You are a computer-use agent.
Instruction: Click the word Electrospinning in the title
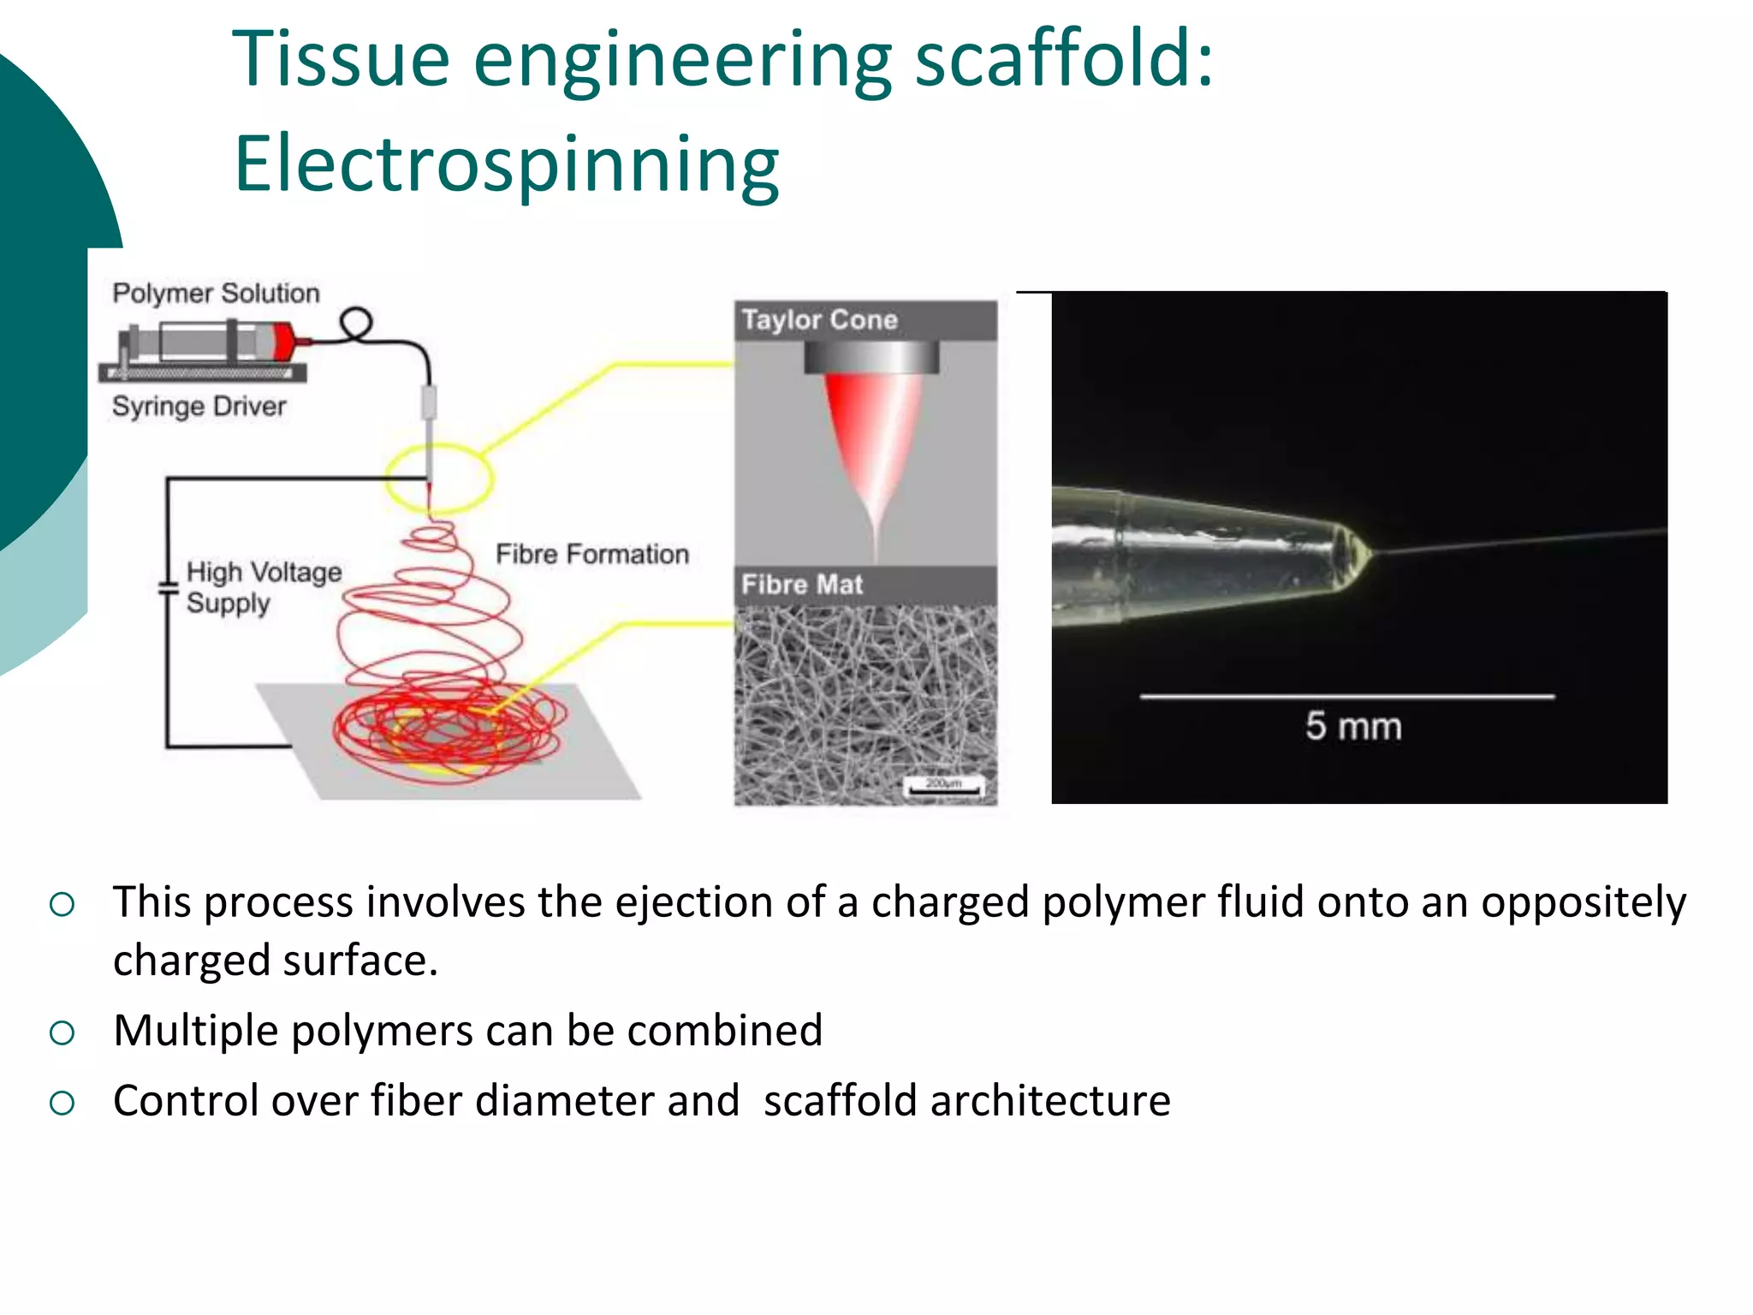(x=507, y=164)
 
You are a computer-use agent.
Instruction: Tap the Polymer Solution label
(x=216, y=294)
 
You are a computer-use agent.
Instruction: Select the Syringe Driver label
(x=199, y=406)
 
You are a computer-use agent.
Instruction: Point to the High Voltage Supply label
(x=262, y=587)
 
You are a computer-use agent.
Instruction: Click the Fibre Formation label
(x=591, y=554)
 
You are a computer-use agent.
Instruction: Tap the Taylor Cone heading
(x=819, y=320)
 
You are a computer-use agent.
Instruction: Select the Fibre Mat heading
(x=802, y=585)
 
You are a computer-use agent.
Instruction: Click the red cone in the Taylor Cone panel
(x=871, y=437)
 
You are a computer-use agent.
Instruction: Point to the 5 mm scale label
(x=1352, y=727)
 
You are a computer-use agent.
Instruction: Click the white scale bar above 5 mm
(x=1346, y=697)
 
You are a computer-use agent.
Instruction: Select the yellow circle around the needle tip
(x=438, y=478)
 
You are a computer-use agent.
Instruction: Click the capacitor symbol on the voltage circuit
(x=168, y=588)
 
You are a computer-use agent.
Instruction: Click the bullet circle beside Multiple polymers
(x=62, y=1033)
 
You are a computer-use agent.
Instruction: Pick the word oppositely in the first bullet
(x=1583, y=902)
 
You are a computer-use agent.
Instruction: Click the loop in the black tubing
(x=356, y=324)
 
